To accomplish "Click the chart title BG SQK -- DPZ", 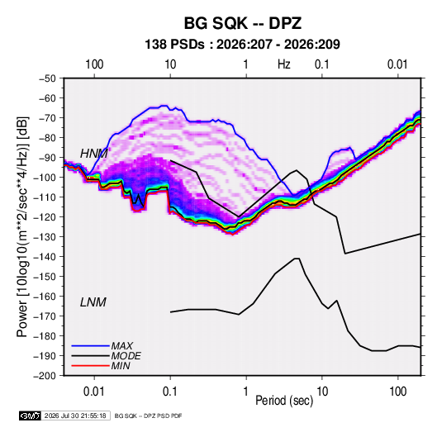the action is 243,23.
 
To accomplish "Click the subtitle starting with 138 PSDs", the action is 242,45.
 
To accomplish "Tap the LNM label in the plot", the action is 93,302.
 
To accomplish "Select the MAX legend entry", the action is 121,345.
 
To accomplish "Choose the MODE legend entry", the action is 126,356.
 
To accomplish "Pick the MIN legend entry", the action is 121,366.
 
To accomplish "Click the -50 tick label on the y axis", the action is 48,78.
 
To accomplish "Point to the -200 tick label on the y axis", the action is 45,376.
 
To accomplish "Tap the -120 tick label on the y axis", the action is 45,217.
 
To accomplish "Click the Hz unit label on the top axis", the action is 284,64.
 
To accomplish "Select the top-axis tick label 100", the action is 94,64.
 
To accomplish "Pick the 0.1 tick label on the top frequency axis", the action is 322,64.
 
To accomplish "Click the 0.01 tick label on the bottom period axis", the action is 94,392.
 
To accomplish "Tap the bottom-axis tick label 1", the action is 246,392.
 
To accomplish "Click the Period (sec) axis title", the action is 284,401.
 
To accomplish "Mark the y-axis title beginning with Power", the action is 22,226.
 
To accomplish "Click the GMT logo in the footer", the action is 31,416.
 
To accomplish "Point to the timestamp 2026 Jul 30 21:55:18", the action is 75,416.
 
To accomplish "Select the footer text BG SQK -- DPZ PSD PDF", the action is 148,416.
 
